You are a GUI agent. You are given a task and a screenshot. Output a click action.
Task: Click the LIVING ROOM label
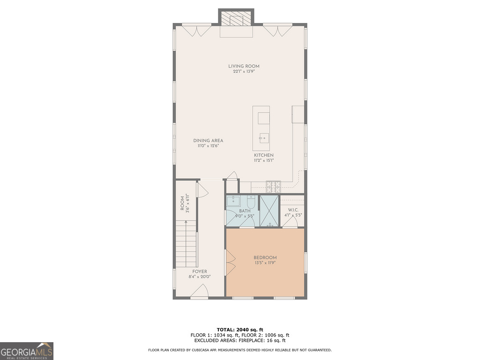coord(244,66)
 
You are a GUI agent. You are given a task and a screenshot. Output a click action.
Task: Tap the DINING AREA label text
coord(208,141)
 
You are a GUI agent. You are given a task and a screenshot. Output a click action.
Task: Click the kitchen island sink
coord(263,138)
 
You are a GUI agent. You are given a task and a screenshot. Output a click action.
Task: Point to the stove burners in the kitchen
coord(273,187)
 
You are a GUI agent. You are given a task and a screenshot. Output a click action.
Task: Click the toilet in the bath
coord(251,202)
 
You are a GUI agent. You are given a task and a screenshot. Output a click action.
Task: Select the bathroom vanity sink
coord(233,202)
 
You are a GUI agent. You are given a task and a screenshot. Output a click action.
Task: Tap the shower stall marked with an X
coord(269,210)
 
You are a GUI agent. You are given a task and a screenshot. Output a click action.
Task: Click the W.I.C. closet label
coord(293,210)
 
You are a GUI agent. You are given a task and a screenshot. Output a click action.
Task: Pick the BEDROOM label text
coord(265,257)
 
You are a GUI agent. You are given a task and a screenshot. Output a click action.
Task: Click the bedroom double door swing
coord(230,262)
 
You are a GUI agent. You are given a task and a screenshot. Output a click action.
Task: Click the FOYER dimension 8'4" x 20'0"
coord(199,277)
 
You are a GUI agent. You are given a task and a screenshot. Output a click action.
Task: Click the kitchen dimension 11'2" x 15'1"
coord(263,160)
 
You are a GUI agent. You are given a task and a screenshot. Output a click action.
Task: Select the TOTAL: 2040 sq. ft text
coord(240,329)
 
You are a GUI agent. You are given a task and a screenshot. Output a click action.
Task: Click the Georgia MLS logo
coord(27,351)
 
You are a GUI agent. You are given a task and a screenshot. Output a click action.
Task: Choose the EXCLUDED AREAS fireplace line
coord(240,341)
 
